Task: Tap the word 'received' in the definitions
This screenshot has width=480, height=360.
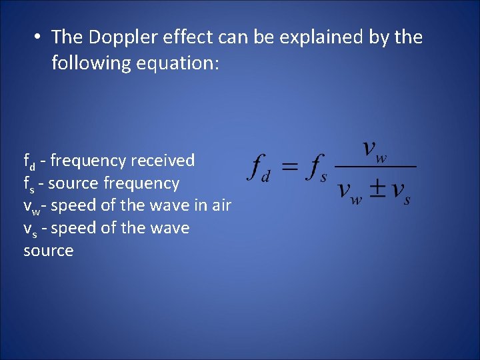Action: (x=163, y=161)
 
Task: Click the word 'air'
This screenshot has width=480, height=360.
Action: (x=221, y=205)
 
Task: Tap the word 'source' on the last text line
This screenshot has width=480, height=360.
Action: (x=48, y=251)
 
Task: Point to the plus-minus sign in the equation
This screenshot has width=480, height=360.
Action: (x=377, y=189)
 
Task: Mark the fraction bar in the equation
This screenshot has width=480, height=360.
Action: (x=375, y=167)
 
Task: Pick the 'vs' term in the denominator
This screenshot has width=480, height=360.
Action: (x=402, y=191)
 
